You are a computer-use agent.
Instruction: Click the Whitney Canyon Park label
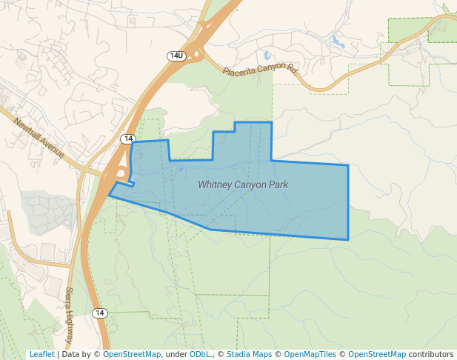(243, 184)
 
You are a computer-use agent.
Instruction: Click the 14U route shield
(176, 56)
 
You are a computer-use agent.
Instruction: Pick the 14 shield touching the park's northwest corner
(128, 139)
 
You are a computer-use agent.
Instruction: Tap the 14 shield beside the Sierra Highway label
(101, 313)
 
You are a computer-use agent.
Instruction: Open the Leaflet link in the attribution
(41, 354)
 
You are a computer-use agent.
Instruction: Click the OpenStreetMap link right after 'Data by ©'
(132, 354)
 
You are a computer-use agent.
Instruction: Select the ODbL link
(200, 354)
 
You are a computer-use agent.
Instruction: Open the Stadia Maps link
(249, 354)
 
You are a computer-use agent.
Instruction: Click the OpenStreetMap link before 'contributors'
(377, 354)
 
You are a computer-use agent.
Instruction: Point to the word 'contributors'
(430, 354)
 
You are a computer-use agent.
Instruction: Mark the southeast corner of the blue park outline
(348, 239)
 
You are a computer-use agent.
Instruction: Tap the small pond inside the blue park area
(181, 168)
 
